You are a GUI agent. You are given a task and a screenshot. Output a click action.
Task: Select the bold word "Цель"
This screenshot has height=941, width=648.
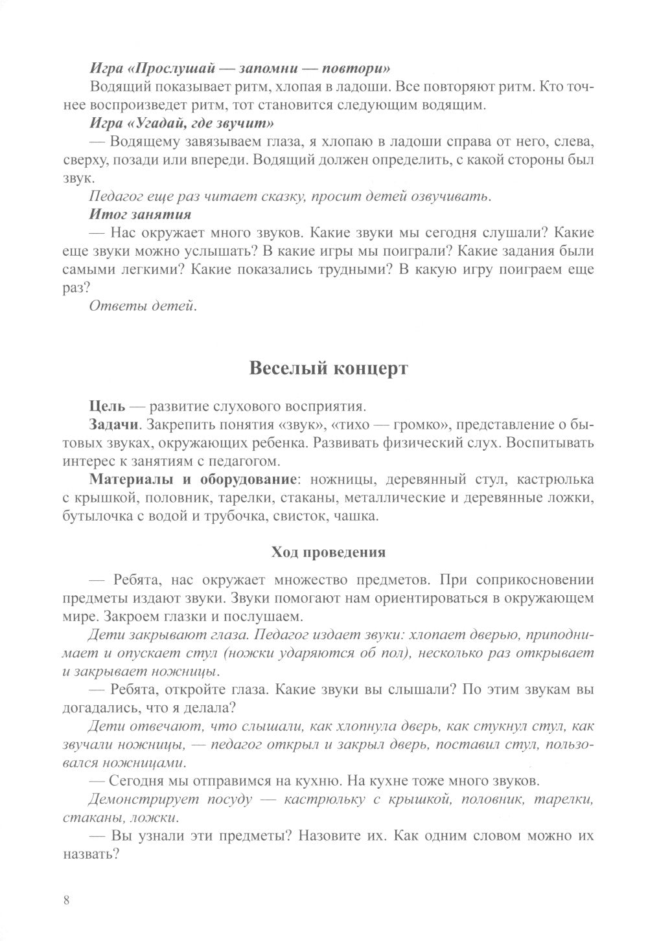[x=106, y=407]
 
